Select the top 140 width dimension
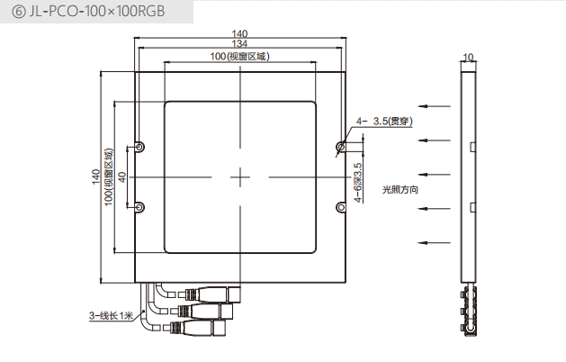coord(240,33)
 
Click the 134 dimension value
coord(240,44)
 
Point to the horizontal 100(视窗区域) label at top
coord(240,56)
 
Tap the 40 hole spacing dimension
coord(121,177)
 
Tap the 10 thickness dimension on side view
coord(467,57)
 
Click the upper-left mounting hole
coord(139,146)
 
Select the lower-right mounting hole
coord(341,208)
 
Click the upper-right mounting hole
coord(341,146)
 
